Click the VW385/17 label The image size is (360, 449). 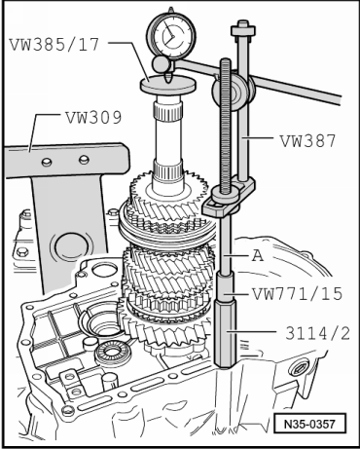coord(54,45)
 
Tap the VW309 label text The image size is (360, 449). coord(93,117)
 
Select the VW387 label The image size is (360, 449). coord(307,141)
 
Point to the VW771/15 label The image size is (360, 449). coord(298,294)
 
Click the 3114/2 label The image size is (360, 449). coord(318,333)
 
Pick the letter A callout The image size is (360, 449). coord(258,256)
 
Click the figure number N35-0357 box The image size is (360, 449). coord(309,424)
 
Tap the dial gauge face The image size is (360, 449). coord(171,35)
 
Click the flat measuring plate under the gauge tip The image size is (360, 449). coord(168,85)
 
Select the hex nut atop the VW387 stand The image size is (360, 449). coord(243,29)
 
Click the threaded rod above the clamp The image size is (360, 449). coord(226,125)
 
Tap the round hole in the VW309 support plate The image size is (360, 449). coord(70,245)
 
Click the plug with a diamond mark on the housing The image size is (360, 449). coord(300,368)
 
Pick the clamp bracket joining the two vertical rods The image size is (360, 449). coord(229,198)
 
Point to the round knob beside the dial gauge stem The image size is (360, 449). coord(161,64)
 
